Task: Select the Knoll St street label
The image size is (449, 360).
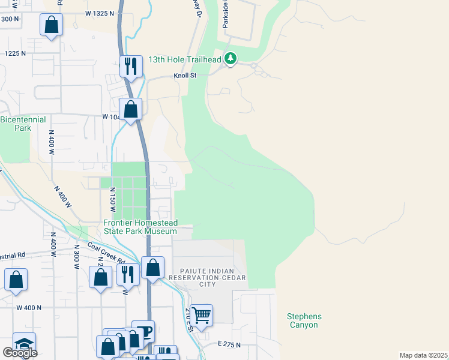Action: pyautogui.click(x=185, y=76)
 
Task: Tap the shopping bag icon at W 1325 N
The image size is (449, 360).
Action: pyautogui.click(x=52, y=25)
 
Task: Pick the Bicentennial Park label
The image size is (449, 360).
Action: pyautogui.click(x=23, y=124)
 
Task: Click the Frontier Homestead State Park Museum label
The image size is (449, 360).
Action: pyautogui.click(x=140, y=226)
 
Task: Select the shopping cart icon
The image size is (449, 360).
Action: pyautogui.click(x=202, y=314)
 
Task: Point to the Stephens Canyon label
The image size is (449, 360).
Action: pyautogui.click(x=304, y=320)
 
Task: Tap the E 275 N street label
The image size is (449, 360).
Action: pyautogui.click(x=229, y=345)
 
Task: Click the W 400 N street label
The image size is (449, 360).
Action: pyautogui.click(x=29, y=307)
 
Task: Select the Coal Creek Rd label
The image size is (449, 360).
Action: pyautogui.click(x=106, y=253)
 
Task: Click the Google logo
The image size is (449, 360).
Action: pyautogui.click(x=20, y=352)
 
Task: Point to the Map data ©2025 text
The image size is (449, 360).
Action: pyautogui.click(x=423, y=355)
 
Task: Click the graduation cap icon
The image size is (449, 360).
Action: pyautogui.click(x=24, y=343)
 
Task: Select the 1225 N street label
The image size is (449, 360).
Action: pyautogui.click(x=14, y=53)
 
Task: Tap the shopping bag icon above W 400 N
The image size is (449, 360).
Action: pyautogui.click(x=16, y=279)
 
